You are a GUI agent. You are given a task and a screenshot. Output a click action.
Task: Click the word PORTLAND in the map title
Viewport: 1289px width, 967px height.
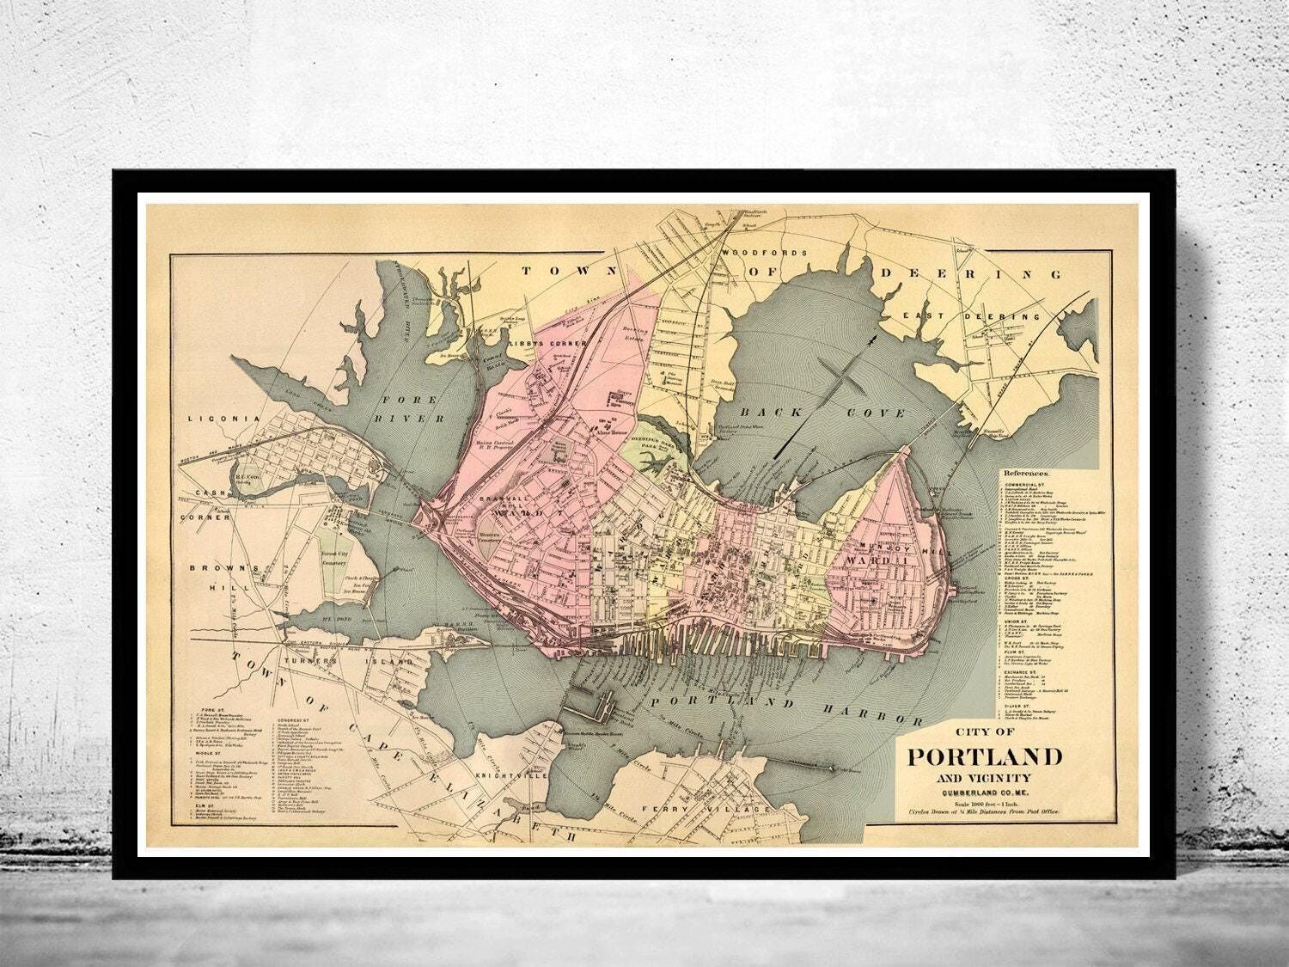pyautogui.click(x=985, y=757)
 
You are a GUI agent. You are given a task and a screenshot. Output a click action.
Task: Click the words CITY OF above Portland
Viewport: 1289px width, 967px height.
pyautogui.click(x=984, y=732)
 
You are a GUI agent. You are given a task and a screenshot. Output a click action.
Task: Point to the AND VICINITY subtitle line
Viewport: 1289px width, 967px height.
pyautogui.click(x=984, y=779)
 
